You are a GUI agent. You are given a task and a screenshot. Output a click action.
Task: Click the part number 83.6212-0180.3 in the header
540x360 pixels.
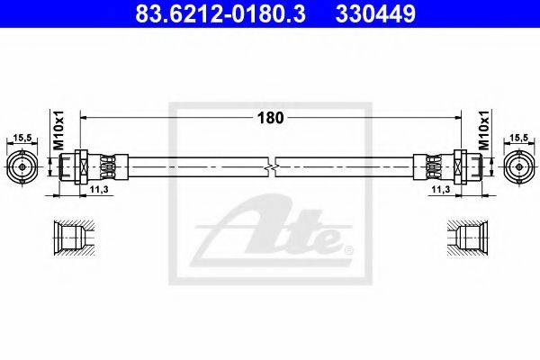tap(220, 13)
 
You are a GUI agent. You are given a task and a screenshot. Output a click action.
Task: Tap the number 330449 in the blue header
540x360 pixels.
tap(375, 13)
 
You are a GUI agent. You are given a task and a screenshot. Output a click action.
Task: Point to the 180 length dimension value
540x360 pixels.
tap(270, 118)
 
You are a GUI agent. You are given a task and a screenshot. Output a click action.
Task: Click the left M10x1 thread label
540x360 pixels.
tap(58, 130)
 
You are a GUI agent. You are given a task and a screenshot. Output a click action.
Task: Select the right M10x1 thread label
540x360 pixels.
tap(484, 130)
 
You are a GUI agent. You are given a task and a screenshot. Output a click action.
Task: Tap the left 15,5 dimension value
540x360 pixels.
tap(22, 138)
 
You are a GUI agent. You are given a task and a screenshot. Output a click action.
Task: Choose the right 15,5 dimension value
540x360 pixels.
tap(518, 138)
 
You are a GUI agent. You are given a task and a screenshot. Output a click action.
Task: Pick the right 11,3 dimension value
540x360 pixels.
tap(441, 189)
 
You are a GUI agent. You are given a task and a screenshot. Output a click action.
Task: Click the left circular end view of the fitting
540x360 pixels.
tap(22, 167)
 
